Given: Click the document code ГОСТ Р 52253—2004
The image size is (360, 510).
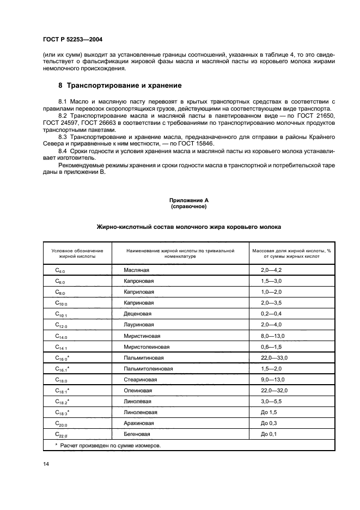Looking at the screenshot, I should (72, 39).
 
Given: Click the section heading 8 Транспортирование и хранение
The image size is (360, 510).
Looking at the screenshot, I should (120, 86).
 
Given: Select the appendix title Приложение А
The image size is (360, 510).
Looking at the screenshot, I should (188, 201).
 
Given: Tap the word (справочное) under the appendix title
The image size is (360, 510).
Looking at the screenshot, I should (188, 207).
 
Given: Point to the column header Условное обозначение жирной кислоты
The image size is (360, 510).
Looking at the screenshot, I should (77, 253).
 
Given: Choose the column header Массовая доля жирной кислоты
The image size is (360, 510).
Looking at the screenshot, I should (291, 253).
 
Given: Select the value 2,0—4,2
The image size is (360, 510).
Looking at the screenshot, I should (271, 270).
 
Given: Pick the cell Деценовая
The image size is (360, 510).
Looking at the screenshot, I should (138, 314).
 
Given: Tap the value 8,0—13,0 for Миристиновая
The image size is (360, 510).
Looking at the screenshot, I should (273, 336).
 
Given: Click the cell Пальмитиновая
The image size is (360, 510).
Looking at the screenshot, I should (143, 357).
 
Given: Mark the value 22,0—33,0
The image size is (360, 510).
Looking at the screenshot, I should (274, 357).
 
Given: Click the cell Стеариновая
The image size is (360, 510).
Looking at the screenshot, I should (141, 379).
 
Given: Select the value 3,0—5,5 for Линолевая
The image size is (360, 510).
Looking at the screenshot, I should (271, 401).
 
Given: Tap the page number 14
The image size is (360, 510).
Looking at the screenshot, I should (46, 463).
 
